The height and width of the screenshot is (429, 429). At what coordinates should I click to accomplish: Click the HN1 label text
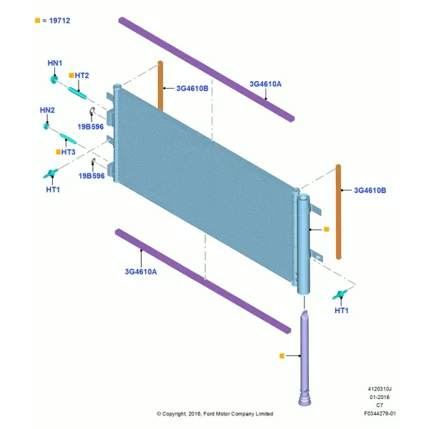tap(55, 63)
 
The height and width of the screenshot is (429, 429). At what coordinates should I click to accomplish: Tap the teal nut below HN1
tap(54, 79)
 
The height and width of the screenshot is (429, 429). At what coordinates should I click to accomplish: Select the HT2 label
tap(82, 76)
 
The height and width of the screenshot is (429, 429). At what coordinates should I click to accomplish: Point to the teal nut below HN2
tap(46, 126)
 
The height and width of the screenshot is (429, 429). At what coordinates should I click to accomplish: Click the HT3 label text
tap(69, 152)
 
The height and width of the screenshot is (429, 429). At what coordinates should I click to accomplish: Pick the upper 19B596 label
tap(91, 127)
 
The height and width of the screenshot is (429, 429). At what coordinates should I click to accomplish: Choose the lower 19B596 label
tap(92, 176)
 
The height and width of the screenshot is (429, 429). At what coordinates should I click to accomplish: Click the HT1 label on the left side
tap(53, 189)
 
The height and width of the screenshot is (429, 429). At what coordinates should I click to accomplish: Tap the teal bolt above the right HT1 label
tap(340, 295)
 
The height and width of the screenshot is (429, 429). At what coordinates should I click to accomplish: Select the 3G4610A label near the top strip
tap(265, 84)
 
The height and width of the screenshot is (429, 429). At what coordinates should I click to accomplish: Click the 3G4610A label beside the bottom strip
tap(141, 272)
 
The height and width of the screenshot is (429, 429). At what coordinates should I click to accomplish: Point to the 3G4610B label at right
tap(370, 190)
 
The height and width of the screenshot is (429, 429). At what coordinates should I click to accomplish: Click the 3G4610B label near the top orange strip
tap(192, 89)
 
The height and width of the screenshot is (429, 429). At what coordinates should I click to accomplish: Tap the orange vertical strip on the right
tap(338, 212)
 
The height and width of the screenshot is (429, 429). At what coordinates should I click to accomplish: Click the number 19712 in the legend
tap(59, 21)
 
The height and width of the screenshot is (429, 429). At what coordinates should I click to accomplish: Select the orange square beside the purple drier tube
tap(282, 355)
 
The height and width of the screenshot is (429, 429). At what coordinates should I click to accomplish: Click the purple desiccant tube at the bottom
tap(305, 358)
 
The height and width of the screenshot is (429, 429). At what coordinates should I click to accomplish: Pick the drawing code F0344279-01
tap(380, 413)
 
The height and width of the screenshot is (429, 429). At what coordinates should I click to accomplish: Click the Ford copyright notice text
tap(214, 414)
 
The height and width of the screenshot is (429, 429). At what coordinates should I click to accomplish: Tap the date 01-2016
tap(380, 397)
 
